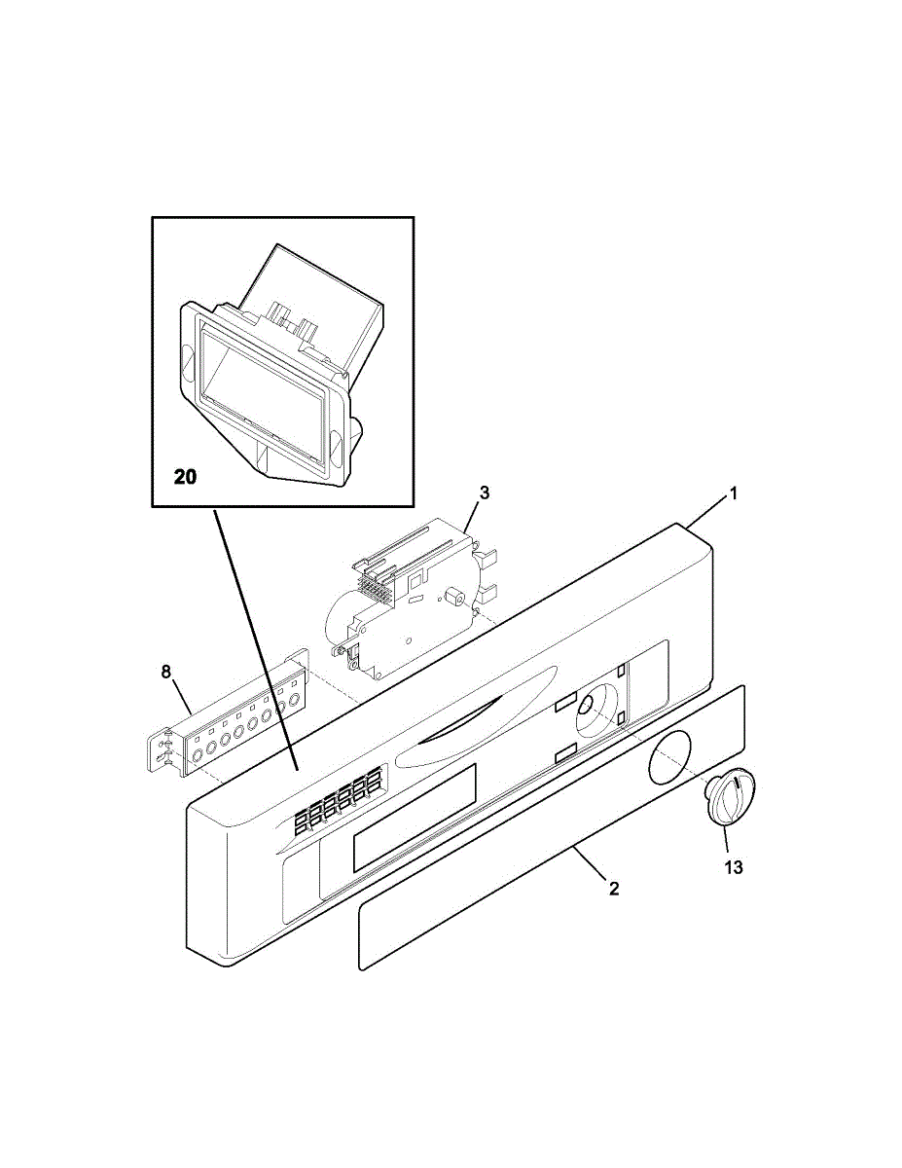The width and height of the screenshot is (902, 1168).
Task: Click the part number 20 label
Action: point(185,477)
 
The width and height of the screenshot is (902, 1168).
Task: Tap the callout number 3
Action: point(484,493)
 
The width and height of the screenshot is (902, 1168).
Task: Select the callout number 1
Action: point(734,493)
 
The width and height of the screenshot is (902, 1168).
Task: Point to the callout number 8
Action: point(165,671)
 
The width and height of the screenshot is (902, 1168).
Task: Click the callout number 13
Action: point(733,866)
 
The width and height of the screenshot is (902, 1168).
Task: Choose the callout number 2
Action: point(614,889)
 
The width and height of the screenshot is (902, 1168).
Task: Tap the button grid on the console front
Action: point(336,803)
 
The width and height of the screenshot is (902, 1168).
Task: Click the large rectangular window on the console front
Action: point(415,818)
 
